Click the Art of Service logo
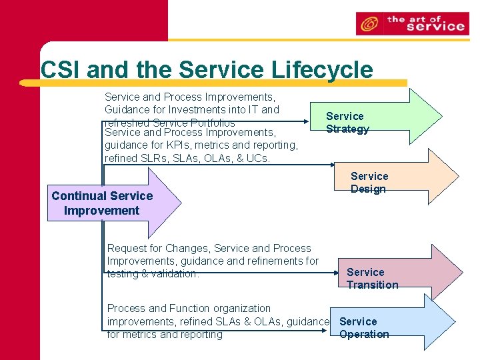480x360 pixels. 411,23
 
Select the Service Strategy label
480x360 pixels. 347,123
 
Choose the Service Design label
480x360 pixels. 369,183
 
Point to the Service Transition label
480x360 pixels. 372,279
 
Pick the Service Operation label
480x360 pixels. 364,328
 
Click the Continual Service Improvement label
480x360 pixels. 102,203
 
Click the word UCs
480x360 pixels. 257,158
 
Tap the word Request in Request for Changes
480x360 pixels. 126,248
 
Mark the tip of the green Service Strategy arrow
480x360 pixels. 441,117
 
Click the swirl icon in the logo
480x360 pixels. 369,25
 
